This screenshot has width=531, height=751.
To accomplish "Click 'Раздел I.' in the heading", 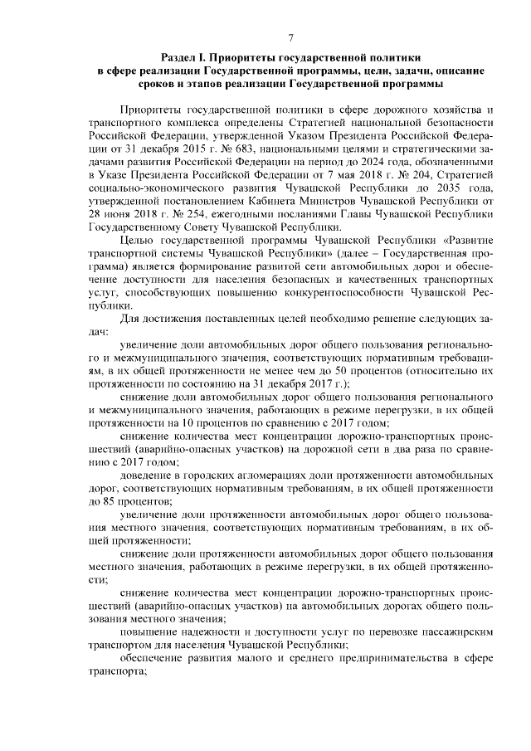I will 183,58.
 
